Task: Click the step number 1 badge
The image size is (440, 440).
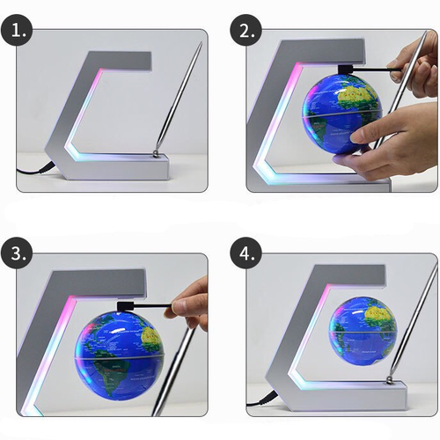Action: coord(17,29)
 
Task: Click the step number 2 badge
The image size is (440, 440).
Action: coord(246,29)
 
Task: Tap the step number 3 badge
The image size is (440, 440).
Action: coord(17,253)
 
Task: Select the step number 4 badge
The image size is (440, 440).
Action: coord(246,253)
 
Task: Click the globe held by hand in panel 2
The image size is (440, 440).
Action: coord(342,114)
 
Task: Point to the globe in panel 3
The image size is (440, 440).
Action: coord(119,356)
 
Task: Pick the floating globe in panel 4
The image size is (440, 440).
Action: coord(363,331)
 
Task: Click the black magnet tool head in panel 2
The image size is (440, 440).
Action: coord(346,70)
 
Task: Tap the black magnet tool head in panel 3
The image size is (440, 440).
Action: coord(126,306)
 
